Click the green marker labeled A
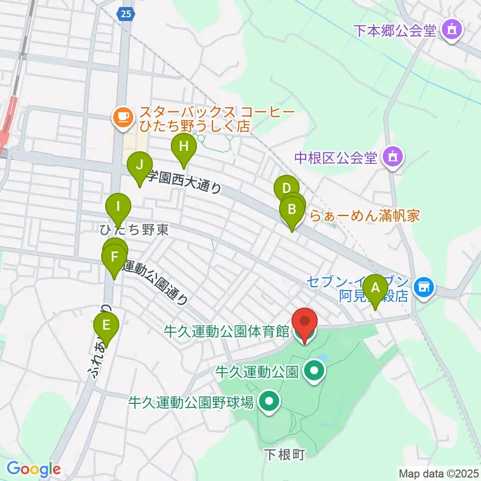point(375,289)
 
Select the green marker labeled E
point(106,325)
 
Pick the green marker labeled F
point(115,258)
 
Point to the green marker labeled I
point(118,206)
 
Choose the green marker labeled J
point(139,165)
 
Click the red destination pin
point(305,323)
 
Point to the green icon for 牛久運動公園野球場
point(270,401)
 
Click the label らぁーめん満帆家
point(365,216)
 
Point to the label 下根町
point(284,454)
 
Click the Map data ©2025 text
point(439,473)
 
